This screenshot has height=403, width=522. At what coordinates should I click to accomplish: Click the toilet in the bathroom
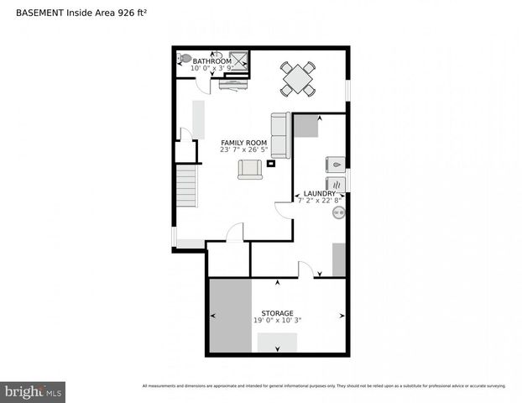184,59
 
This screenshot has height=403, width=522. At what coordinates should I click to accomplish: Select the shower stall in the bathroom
239,60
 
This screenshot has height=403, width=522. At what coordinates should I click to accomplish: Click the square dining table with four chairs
298,79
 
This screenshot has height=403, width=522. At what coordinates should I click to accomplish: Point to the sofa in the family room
279,134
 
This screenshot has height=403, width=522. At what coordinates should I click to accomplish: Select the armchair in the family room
250,169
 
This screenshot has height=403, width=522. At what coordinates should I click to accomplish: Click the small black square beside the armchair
271,165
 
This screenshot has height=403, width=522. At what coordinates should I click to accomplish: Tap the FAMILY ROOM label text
243,143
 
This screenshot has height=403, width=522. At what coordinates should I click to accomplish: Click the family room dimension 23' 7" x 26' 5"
243,151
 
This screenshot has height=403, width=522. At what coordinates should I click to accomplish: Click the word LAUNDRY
320,193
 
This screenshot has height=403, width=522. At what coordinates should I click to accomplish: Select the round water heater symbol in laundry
339,213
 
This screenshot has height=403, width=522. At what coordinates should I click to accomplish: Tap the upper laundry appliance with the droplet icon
334,165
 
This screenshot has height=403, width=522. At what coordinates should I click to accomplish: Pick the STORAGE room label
276,313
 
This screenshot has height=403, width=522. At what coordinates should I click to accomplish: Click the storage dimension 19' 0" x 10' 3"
276,321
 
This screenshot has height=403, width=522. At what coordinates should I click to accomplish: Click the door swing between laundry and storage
306,270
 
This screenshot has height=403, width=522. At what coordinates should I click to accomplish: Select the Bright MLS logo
34,391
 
